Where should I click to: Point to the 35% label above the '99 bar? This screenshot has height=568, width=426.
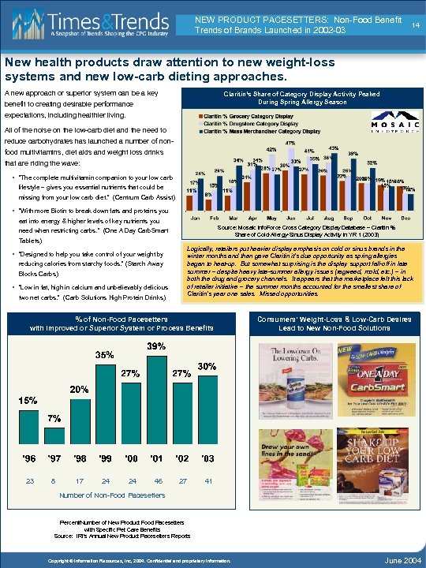tap(105, 355)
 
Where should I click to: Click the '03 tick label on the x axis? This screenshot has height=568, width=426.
tap(207, 458)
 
